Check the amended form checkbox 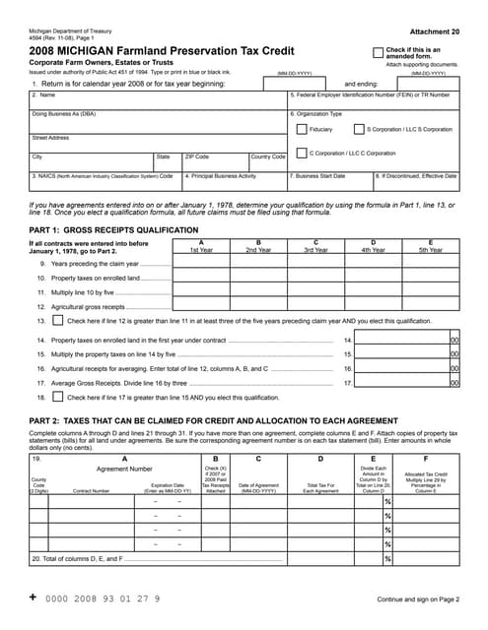click(x=378, y=53)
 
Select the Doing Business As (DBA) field click(x=158, y=121)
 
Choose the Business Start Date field click(x=329, y=184)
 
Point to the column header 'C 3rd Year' click(x=315, y=246)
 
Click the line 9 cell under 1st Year click(x=201, y=264)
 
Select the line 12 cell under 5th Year click(x=430, y=306)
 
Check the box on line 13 click(x=58, y=321)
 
